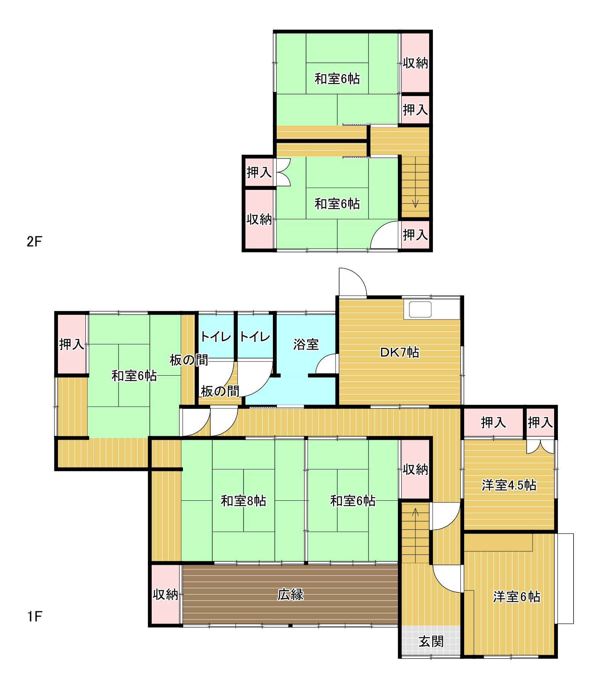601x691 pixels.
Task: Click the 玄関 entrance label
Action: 431,641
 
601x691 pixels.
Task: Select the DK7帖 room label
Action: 399,352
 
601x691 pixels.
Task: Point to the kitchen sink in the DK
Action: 420,310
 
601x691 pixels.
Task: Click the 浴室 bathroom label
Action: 306,344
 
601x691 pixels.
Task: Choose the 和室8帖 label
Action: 244,501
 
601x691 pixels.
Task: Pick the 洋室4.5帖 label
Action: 509,485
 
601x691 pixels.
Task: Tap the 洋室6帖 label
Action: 516,596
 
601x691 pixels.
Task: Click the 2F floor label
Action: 34,241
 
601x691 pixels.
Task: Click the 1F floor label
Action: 34,617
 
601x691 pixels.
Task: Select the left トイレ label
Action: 216,337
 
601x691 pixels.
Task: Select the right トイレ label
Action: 255,337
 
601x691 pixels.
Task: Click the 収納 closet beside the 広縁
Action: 165,594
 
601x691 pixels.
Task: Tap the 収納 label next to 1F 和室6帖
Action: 415,469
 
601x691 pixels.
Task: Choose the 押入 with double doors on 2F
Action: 259,172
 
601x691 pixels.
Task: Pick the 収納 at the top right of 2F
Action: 415,63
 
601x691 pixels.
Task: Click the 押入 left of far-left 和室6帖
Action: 72,344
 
